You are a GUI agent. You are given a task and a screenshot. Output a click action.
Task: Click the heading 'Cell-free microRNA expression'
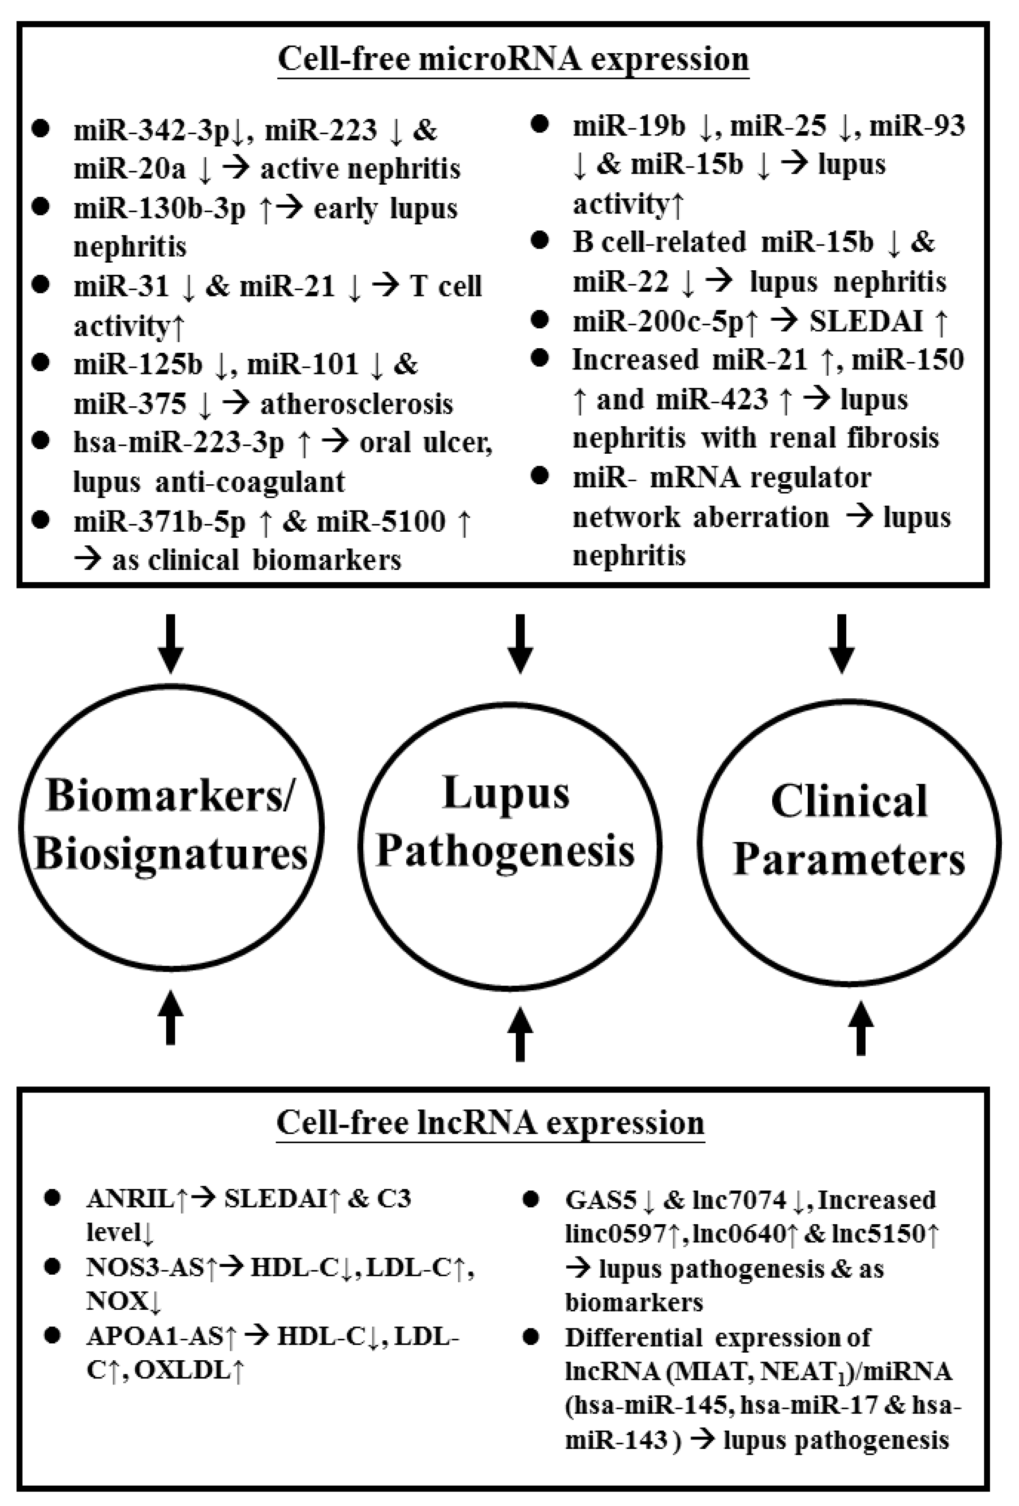513,60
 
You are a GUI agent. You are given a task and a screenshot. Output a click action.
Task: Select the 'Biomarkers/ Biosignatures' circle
171,826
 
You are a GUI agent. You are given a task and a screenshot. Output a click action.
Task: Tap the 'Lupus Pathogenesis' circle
510,838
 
